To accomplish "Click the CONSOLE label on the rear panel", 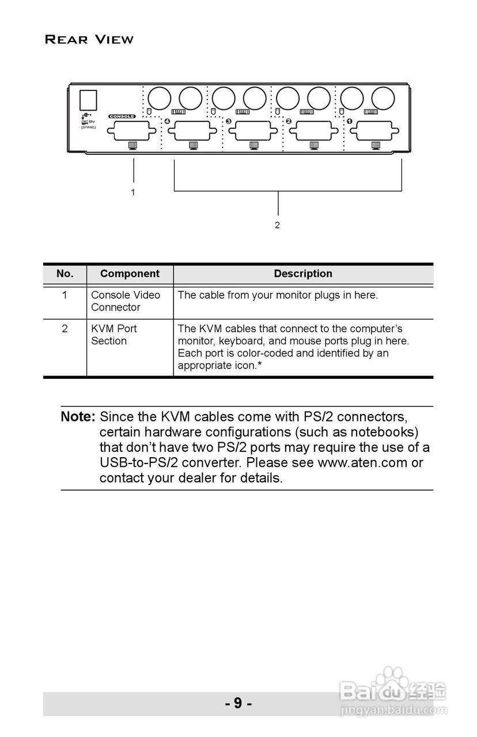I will (122, 116).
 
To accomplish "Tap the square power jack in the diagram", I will (88, 100).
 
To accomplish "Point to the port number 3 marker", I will (228, 121).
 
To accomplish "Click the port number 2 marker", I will (289, 121).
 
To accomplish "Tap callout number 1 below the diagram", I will (133, 192).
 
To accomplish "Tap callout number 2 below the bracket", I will (277, 225).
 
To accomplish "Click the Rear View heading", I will (89, 40).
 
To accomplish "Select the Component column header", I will (130, 274).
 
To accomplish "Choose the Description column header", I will (303, 274).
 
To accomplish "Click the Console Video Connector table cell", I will (126, 301).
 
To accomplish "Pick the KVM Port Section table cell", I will (113, 335).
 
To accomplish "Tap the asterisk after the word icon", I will (260, 365).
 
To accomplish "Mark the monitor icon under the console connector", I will (132, 145).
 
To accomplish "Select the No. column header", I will (65, 274).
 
